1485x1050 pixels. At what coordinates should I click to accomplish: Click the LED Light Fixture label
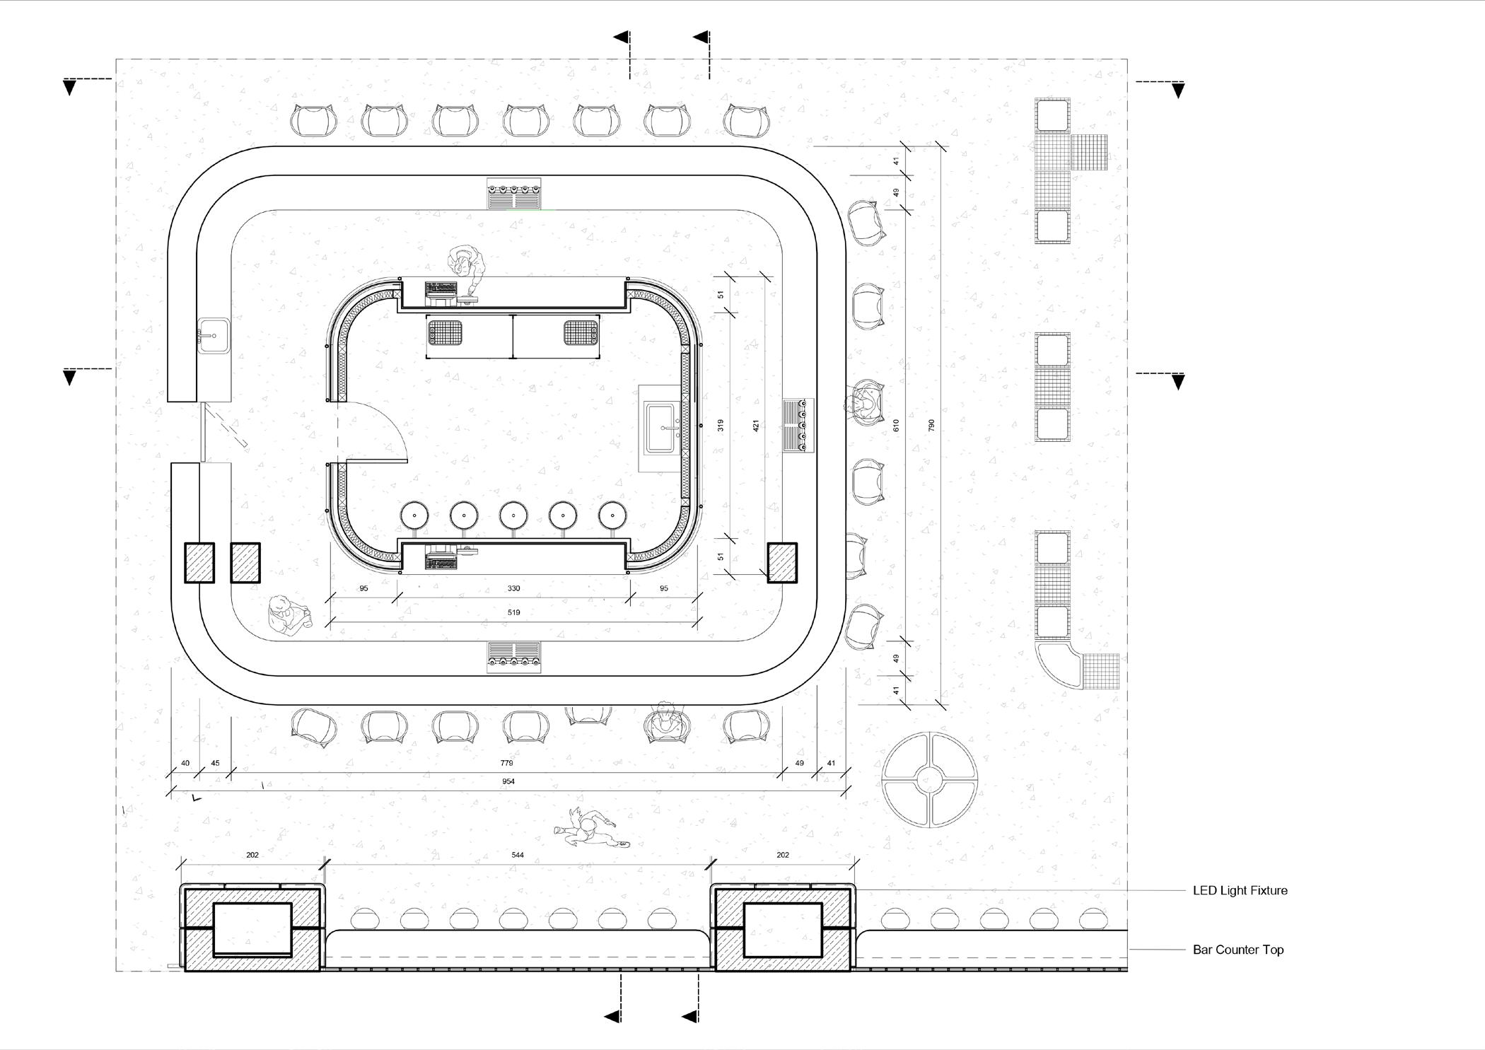(1240, 890)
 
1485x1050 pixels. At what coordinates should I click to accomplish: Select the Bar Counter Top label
(1237, 950)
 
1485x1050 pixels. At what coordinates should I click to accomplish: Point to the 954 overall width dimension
(508, 781)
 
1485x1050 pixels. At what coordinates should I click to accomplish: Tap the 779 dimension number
(506, 763)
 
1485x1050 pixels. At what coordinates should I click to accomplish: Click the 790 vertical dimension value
(931, 426)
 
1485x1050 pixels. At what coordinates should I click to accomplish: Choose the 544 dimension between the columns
(518, 855)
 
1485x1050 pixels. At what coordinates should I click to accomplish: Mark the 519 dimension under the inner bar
(513, 612)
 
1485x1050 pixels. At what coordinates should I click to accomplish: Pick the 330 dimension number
(513, 588)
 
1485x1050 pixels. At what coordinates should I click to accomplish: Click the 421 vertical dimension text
(755, 426)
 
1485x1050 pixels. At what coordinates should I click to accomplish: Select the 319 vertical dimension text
(720, 426)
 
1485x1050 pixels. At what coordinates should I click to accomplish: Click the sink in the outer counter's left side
(214, 335)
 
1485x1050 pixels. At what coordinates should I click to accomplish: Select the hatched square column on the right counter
(782, 563)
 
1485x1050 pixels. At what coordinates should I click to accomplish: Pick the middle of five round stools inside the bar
(513, 515)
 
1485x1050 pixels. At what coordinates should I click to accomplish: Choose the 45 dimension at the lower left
(216, 763)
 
